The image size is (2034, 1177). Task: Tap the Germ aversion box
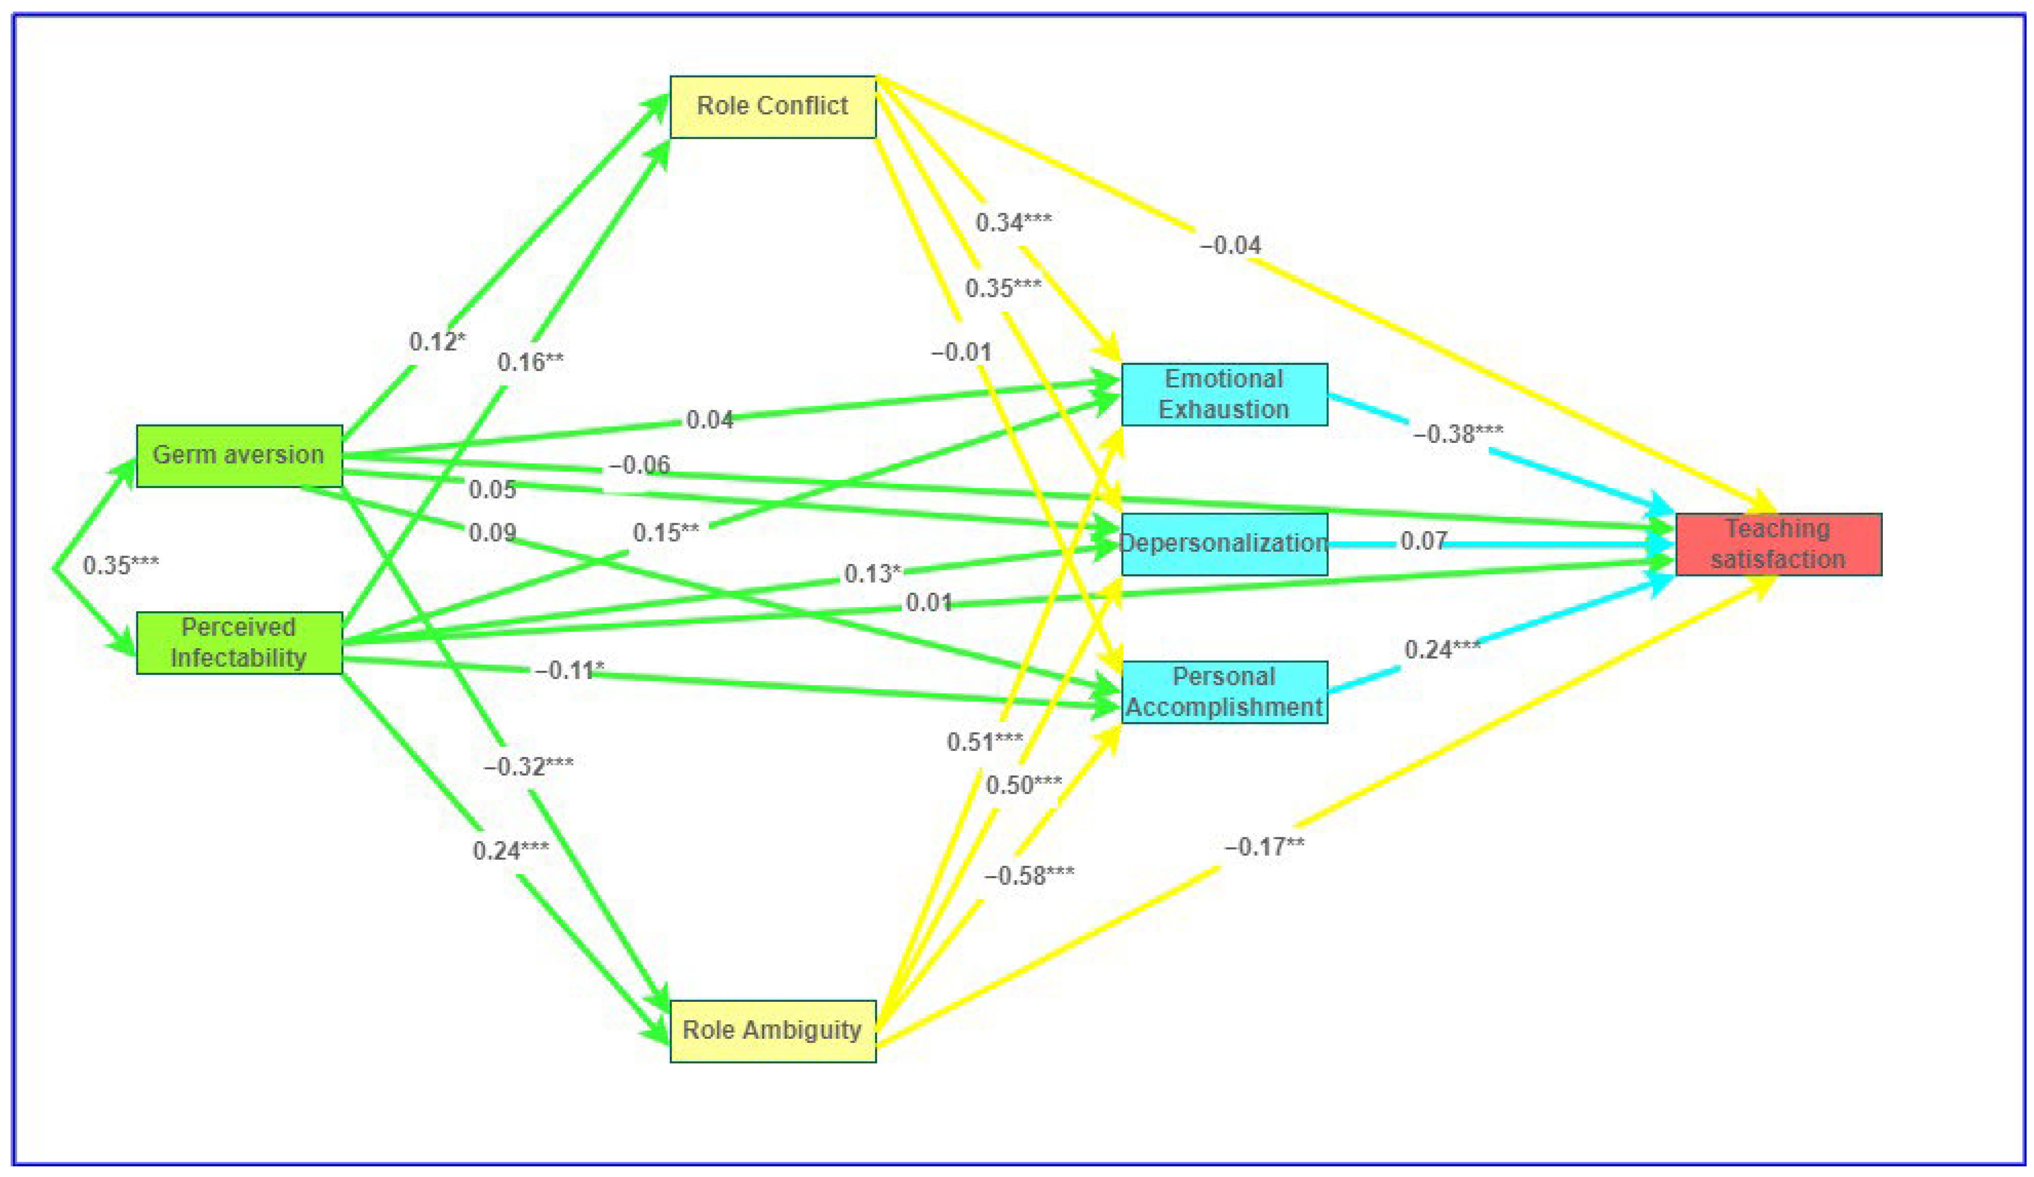click(x=239, y=455)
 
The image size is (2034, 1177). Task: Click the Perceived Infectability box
click(x=239, y=643)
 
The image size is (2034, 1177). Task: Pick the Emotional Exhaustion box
click(x=1224, y=394)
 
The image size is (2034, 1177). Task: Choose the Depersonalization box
click(x=1224, y=543)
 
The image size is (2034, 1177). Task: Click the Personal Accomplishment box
click(x=1224, y=692)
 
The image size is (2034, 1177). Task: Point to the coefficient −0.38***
click(x=1458, y=434)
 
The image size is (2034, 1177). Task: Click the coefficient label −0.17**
click(x=1264, y=847)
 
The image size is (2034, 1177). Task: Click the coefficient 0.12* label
click(x=437, y=342)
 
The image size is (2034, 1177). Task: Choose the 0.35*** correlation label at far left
click(x=121, y=565)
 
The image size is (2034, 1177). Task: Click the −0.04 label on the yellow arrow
click(x=1230, y=245)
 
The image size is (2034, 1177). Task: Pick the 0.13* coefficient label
click(x=872, y=574)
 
